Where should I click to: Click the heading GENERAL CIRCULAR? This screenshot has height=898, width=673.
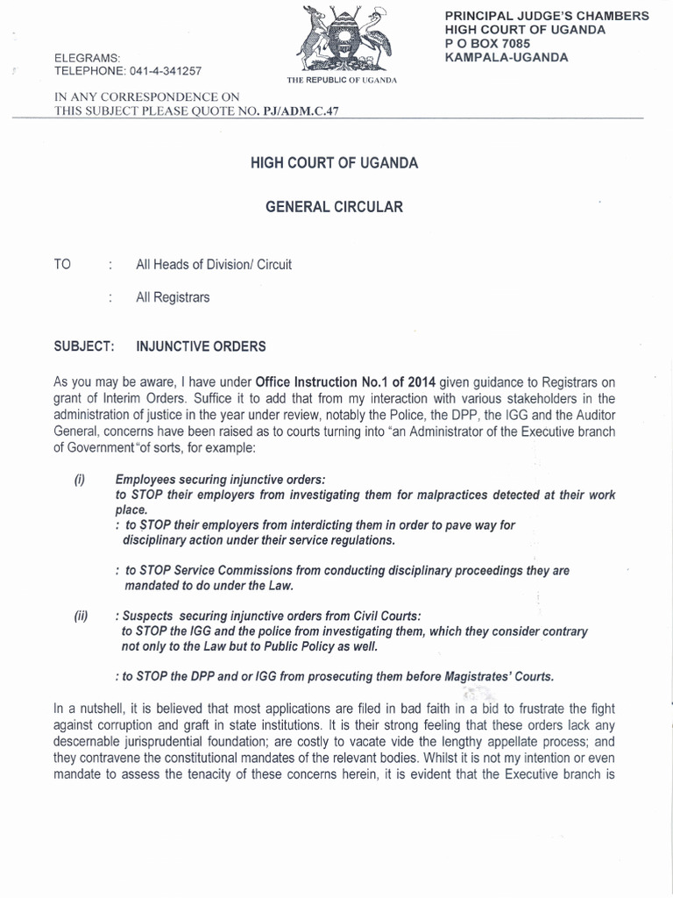coord(335,207)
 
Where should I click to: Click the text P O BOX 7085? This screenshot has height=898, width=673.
coord(491,44)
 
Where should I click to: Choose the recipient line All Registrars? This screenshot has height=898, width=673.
coord(173,297)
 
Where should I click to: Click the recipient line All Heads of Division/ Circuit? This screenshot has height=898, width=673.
coord(214,265)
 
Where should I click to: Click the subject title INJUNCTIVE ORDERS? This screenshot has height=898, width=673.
coord(201,346)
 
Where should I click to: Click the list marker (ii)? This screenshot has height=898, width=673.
coord(81,616)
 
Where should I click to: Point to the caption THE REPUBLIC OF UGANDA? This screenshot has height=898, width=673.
coord(342,80)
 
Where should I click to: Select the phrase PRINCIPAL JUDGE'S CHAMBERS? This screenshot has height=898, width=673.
coord(547,16)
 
